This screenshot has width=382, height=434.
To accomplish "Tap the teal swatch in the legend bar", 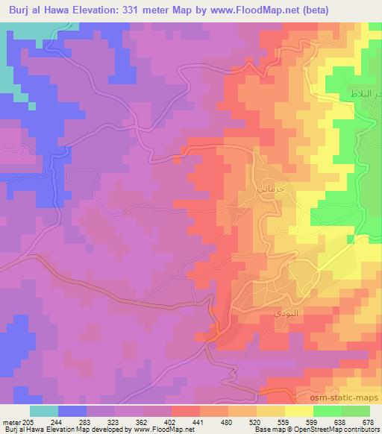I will [44, 411].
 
